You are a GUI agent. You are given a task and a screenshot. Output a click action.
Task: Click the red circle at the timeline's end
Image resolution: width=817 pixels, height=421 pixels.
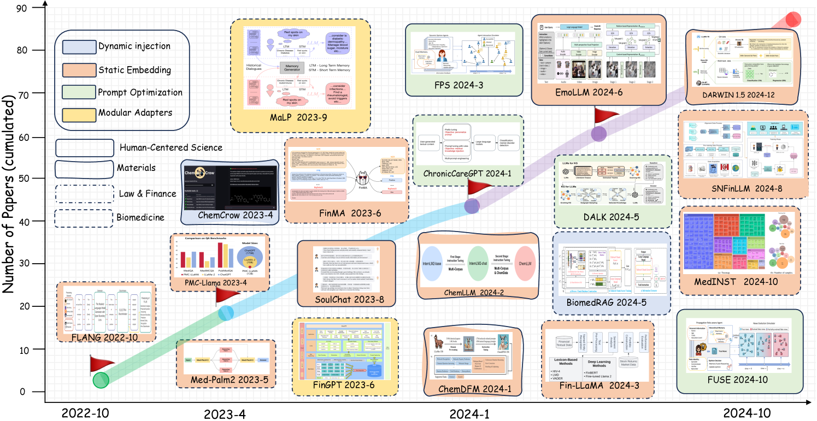[x=793, y=20]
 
